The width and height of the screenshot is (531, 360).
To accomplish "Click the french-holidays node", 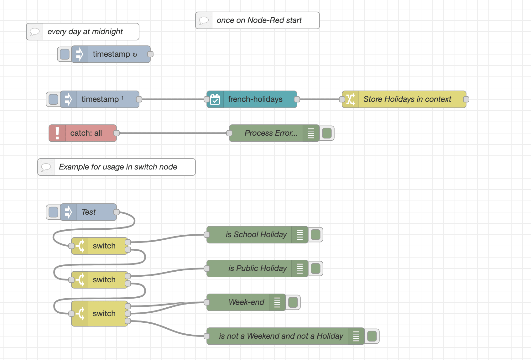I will (x=255, y=99).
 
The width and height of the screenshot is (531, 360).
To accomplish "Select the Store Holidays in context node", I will (x=407, y=99).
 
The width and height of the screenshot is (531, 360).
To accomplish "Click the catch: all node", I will (x=86, y=133).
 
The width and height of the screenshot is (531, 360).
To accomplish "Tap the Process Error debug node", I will (x=271, y=133).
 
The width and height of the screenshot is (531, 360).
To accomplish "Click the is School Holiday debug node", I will (x=256, y=235).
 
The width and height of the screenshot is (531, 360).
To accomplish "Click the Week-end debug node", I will (x=246, y=302).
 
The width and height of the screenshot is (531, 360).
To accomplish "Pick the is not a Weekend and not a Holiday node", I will (x=281, y=336).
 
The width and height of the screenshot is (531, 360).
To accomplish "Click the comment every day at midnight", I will (x=85, y=32).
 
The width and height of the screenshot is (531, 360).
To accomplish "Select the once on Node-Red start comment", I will (x=259, y=20).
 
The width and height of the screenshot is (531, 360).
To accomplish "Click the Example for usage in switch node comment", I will (x=118, y=167).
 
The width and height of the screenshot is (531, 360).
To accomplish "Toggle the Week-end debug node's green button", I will (x=293, y=302).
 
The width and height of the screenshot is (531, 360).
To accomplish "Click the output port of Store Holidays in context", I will (x=466, y=99).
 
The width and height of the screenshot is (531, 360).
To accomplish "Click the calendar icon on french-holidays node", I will (x=215, y=99).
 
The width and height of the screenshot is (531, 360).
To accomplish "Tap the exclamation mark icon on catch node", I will (x=57, y=133).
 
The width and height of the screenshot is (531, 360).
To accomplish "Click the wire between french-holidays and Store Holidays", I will (x=320, y=99).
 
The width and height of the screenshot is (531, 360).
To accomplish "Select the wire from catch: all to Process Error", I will (x=172, y=133).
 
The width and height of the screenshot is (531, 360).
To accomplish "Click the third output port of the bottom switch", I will (x=128, y=321).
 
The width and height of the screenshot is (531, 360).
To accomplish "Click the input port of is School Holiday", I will (x=207, y=235).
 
